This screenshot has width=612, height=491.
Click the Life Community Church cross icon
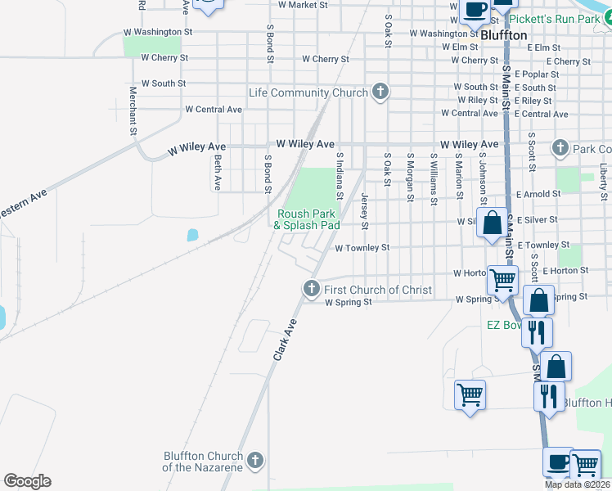(380, 92)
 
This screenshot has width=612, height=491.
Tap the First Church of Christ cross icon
(311, 288)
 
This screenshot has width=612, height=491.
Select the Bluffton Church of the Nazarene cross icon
(255, 461)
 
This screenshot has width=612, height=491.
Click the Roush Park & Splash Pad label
(306, 219)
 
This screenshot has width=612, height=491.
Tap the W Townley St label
(361, 247)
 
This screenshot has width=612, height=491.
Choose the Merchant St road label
(131, 110)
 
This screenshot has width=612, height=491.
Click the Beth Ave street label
(218, 172)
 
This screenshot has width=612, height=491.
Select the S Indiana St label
(339, 173)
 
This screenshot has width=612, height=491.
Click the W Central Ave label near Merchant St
(214, 109)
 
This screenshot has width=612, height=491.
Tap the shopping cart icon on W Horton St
(502, 280)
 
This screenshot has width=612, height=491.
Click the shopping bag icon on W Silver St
(493, 223)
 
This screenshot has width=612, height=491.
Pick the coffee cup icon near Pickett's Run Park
(475, 10)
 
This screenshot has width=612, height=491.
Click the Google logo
(27, 481)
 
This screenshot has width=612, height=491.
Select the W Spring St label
(349, 302)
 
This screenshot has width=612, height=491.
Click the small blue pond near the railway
(192, 235)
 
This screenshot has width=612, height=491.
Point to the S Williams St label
(433, 177)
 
